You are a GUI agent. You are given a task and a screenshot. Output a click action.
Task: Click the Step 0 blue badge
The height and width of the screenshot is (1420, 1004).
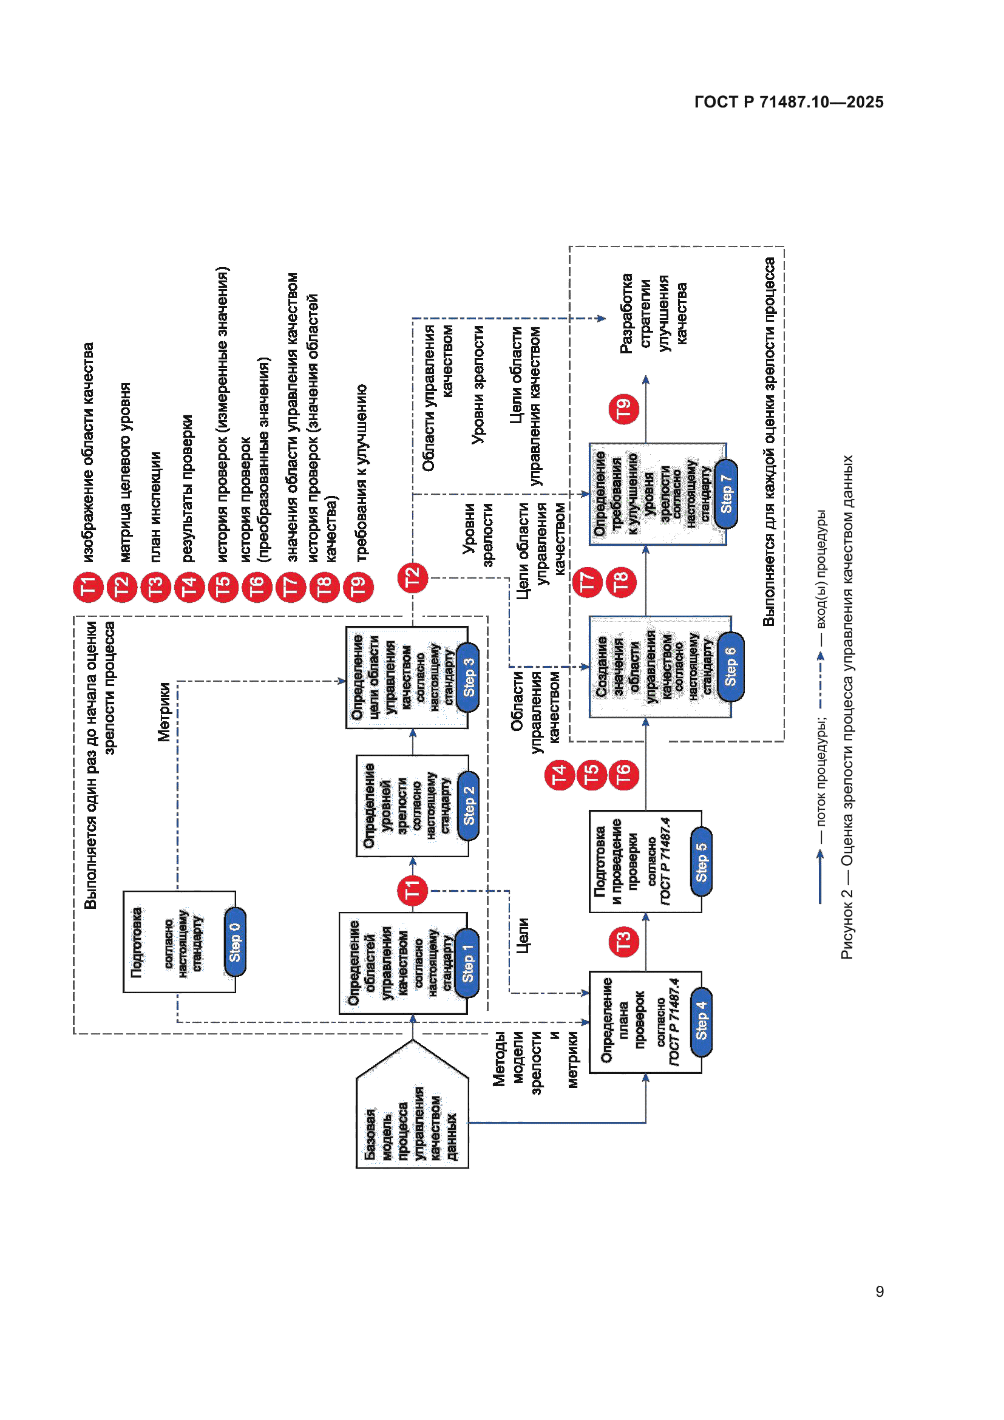234,942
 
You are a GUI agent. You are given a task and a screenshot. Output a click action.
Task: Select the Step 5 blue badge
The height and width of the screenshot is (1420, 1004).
700,861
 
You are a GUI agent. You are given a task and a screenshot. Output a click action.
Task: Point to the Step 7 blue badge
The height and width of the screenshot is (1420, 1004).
726,494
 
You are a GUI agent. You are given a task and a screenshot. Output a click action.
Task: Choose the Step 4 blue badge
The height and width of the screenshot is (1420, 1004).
700,1022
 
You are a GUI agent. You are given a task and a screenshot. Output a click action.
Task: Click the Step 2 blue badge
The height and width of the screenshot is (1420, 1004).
468,805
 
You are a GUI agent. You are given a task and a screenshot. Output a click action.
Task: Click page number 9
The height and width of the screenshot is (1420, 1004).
879,1291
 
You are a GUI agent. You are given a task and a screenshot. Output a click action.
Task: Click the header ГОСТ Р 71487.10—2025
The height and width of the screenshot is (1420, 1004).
789,102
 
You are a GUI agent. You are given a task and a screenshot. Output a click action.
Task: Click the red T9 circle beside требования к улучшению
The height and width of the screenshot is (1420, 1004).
358,586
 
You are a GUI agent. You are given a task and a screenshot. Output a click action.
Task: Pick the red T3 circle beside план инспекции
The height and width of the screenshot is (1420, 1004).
155,586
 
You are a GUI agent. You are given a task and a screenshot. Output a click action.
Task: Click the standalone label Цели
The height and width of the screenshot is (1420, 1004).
523,935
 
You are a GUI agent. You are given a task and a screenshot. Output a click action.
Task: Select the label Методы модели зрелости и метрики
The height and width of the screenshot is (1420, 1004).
535,1059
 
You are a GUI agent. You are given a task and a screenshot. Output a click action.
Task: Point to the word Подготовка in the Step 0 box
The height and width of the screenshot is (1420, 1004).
137,942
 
